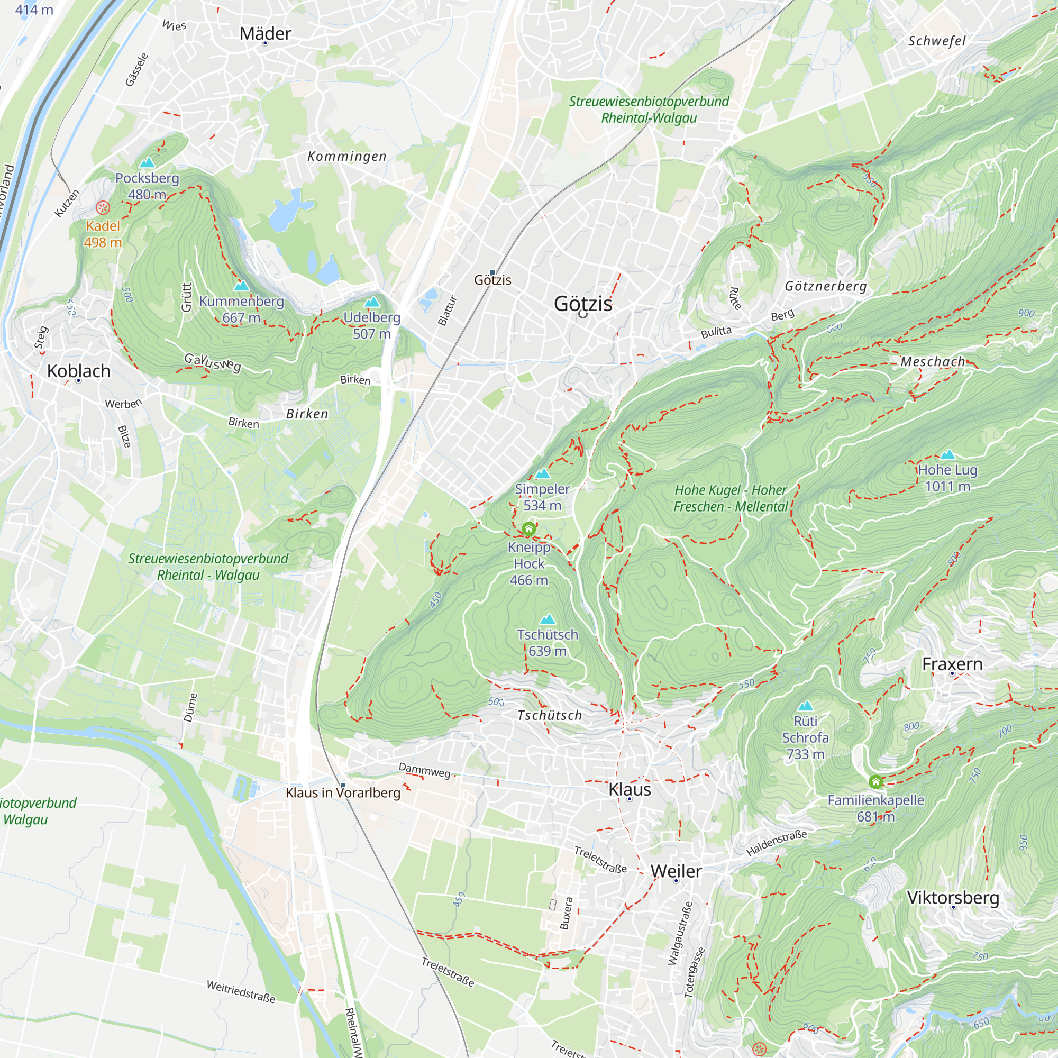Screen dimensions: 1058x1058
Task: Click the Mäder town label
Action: (265, 33)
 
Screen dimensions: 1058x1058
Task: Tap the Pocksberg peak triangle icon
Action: (147, 163)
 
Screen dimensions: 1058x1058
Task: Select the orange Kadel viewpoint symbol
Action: (103, 207)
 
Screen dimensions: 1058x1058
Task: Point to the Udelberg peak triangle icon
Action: (372, 302)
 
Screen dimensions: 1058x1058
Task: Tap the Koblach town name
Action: (78, 371)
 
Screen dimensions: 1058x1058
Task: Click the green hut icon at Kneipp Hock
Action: (528, 529)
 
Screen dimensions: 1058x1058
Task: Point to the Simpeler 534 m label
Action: (542, 497)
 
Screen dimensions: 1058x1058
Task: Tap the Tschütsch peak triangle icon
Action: (547, 620)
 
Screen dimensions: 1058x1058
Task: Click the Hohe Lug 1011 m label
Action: (947, 478)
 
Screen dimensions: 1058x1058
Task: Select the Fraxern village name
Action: (952, 664)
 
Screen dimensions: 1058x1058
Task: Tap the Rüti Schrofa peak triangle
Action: (805, 706)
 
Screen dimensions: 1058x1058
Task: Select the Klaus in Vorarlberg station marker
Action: (343, 785)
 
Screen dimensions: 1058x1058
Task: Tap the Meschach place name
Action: (933, 361)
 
